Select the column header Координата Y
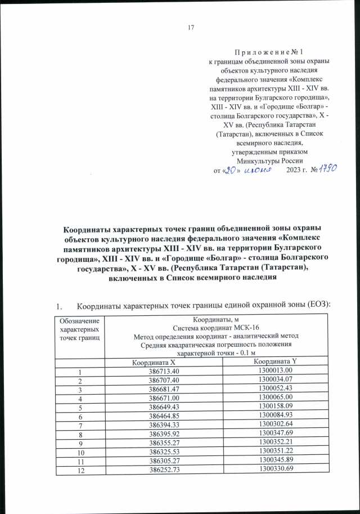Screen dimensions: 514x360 [274, 360]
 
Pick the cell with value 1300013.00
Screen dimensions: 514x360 [274, 370]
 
